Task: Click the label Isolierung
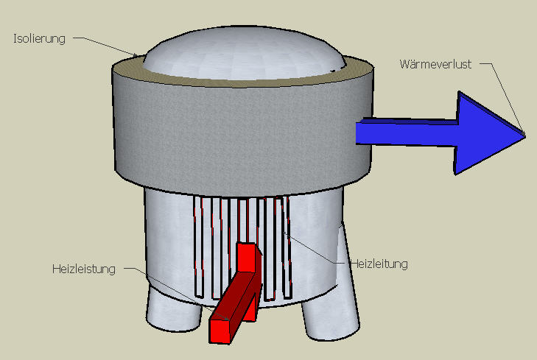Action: click(x=39, y=39)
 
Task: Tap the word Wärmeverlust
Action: click(x=435, y=64)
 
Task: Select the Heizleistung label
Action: click(x=84, y=269)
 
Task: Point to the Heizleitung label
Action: click(x=379, y=264)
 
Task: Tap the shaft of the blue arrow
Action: click(x=406, y=132)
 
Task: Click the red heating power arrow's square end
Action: click(x=220, y=331)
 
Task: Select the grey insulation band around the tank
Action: click(x=242, y=133)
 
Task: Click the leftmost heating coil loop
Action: click(x=199, y=247)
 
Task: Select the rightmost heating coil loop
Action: click(x=287, y=247)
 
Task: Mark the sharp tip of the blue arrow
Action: click(x=525, y=136)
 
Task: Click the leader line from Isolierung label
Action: click(x=106, y=46)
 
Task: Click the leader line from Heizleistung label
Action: click(x=175, y=294)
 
